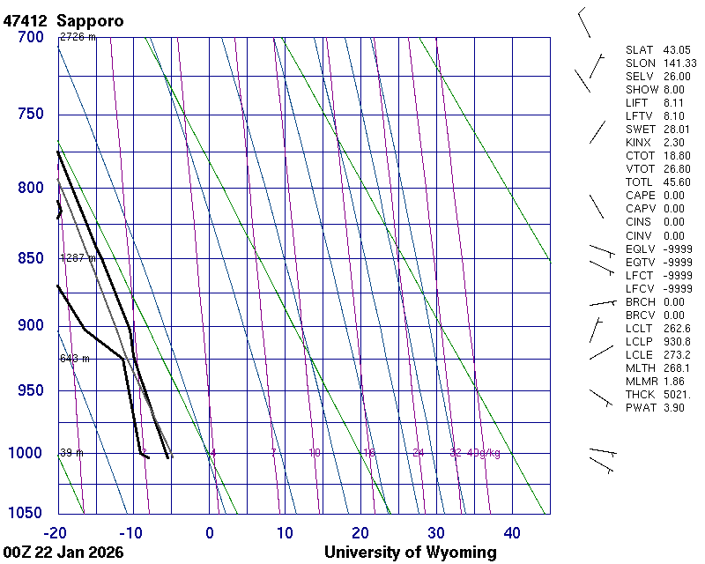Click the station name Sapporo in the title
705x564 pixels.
[90, 19]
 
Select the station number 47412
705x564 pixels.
[26, 19]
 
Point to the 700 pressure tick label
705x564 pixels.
[29, 37]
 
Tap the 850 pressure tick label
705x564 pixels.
[29, 259]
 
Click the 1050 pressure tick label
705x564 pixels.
[26, 514]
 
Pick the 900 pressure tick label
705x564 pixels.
[29, 326]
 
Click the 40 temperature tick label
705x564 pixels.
[512, 532]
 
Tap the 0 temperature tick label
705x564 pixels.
[210, 532]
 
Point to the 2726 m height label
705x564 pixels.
[78, 37]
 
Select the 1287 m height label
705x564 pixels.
[78, 258]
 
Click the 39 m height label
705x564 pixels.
[70, 453]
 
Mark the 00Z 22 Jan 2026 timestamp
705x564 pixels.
[63, 553]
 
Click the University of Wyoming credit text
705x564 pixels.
[411, 553]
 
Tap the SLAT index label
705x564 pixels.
[639, 50]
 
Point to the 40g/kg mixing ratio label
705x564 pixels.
[485, 453]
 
